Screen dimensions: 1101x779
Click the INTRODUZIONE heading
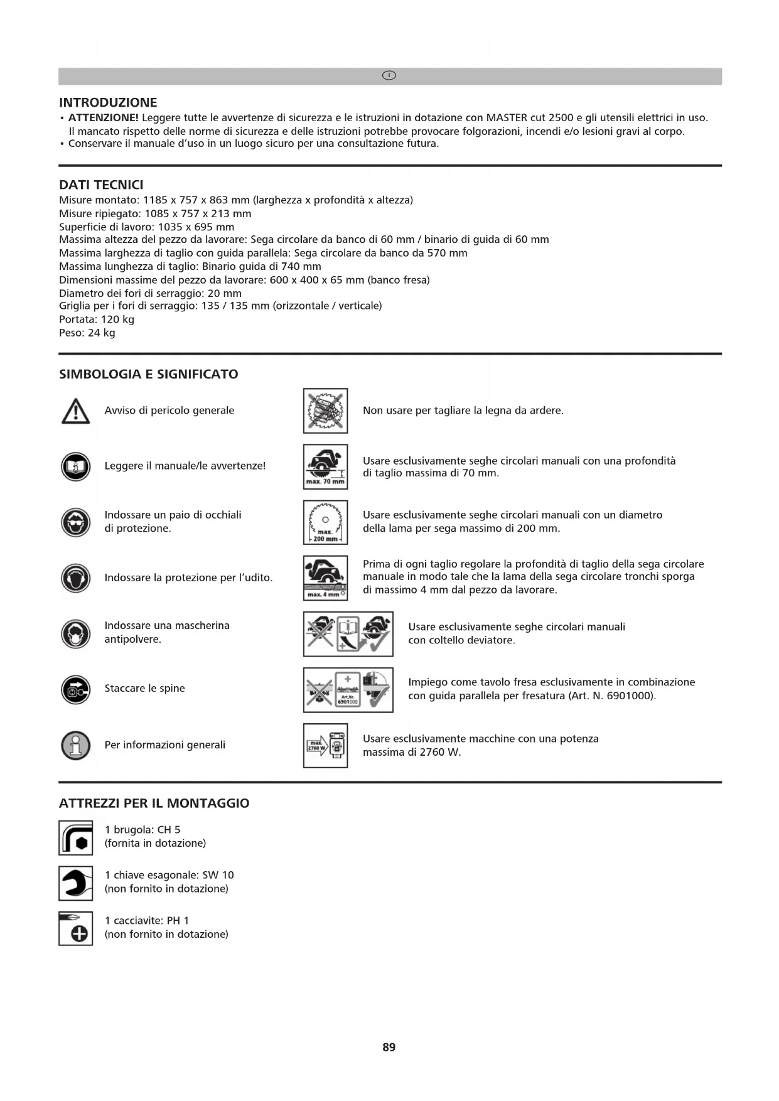click(108, 102)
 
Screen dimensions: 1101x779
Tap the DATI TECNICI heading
click(101, 185)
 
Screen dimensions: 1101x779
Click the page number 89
click(389, 1046)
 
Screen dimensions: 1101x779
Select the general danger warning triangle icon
click(76, 411)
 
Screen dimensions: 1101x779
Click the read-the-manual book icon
click(76, 466)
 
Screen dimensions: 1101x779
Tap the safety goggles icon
click(76, 522)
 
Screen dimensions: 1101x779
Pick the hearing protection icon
click(76, 578)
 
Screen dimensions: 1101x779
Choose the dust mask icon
click(76, 633)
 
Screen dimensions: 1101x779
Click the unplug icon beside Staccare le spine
click(76, 689)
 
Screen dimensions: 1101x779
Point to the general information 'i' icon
click(76, 745)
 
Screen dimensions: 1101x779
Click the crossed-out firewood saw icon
click(325, 411)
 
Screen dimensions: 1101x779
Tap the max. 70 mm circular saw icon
click(325, 466)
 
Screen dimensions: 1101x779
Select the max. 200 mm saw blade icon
click(325, 522)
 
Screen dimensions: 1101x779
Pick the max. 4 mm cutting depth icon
click(325, 578)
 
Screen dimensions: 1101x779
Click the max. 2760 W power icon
click(325, 745)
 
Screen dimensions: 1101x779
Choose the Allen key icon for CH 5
click(76, 838)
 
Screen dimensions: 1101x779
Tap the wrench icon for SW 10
click(76, 883)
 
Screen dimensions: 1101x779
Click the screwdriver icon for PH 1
click(76, 928)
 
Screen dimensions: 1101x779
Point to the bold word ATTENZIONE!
click(104, 117)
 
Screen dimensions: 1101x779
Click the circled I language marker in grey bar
click(389, 76)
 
